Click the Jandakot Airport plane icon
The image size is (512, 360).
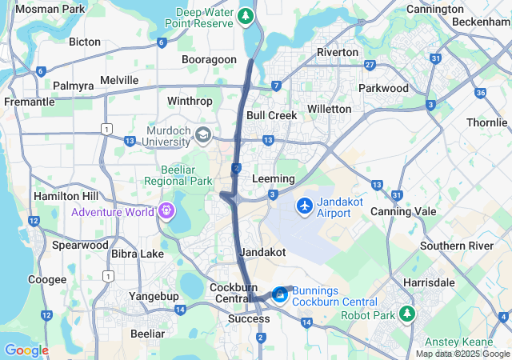(304, 206)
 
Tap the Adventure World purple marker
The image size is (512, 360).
(166, 211)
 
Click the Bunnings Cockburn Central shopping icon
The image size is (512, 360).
(280, 295)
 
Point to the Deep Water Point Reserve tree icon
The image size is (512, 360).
(247, 16)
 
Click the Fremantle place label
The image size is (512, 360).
(29, 102)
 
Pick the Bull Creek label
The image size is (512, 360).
(271, 115)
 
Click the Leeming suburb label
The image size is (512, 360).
(273, 178)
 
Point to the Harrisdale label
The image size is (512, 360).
(430, 282)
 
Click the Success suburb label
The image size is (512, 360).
(249, 318)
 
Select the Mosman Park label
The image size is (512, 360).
(50, 9)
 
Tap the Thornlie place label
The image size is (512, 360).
(487, 123)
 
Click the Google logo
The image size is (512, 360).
(26, 350)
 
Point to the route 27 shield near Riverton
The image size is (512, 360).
(369, 65)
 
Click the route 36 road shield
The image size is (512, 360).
(481, 93)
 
